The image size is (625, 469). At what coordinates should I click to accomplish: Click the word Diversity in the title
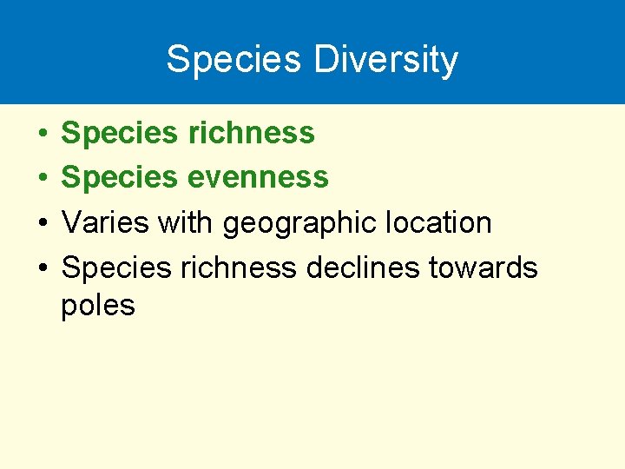(386, 60)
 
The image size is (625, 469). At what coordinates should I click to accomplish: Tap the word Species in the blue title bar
(234, 60)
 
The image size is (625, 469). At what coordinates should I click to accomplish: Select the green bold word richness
(250, 133)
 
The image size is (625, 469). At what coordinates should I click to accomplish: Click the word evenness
(257, 177)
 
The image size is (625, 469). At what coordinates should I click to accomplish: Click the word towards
(484, 268)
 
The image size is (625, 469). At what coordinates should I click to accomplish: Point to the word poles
(98, 306)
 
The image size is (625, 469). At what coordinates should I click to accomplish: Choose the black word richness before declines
(238, 268)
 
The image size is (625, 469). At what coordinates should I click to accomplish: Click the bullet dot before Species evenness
(43, 178)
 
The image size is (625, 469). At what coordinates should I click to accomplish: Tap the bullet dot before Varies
(43, 223)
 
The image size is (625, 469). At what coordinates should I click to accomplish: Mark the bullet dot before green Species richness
(43, 134)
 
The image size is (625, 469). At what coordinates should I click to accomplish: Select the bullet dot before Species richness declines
(43, 268)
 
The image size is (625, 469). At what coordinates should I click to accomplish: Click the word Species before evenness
(119, 178)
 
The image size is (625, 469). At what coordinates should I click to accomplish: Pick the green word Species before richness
(119, 134)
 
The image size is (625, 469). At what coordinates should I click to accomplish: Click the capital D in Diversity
(325, 60)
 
